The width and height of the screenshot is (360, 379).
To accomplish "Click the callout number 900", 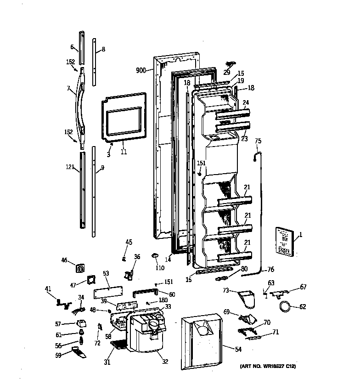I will tap(141, 70).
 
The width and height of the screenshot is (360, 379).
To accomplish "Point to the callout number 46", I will tap(64, 260).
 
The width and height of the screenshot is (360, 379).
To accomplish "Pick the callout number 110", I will tap(160, 268).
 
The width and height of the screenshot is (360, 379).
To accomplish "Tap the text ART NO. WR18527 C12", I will tap(268, 366).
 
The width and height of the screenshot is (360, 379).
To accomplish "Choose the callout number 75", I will tap(258, 141).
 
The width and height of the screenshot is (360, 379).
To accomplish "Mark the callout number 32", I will tap(165, 362).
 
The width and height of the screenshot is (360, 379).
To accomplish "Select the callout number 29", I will tap(227, 72).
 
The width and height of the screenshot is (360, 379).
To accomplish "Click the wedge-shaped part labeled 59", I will tap(81, 353).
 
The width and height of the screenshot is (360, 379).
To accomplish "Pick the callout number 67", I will tap(303, 287).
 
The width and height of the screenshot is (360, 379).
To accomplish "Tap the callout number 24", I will tap(246, 102).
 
